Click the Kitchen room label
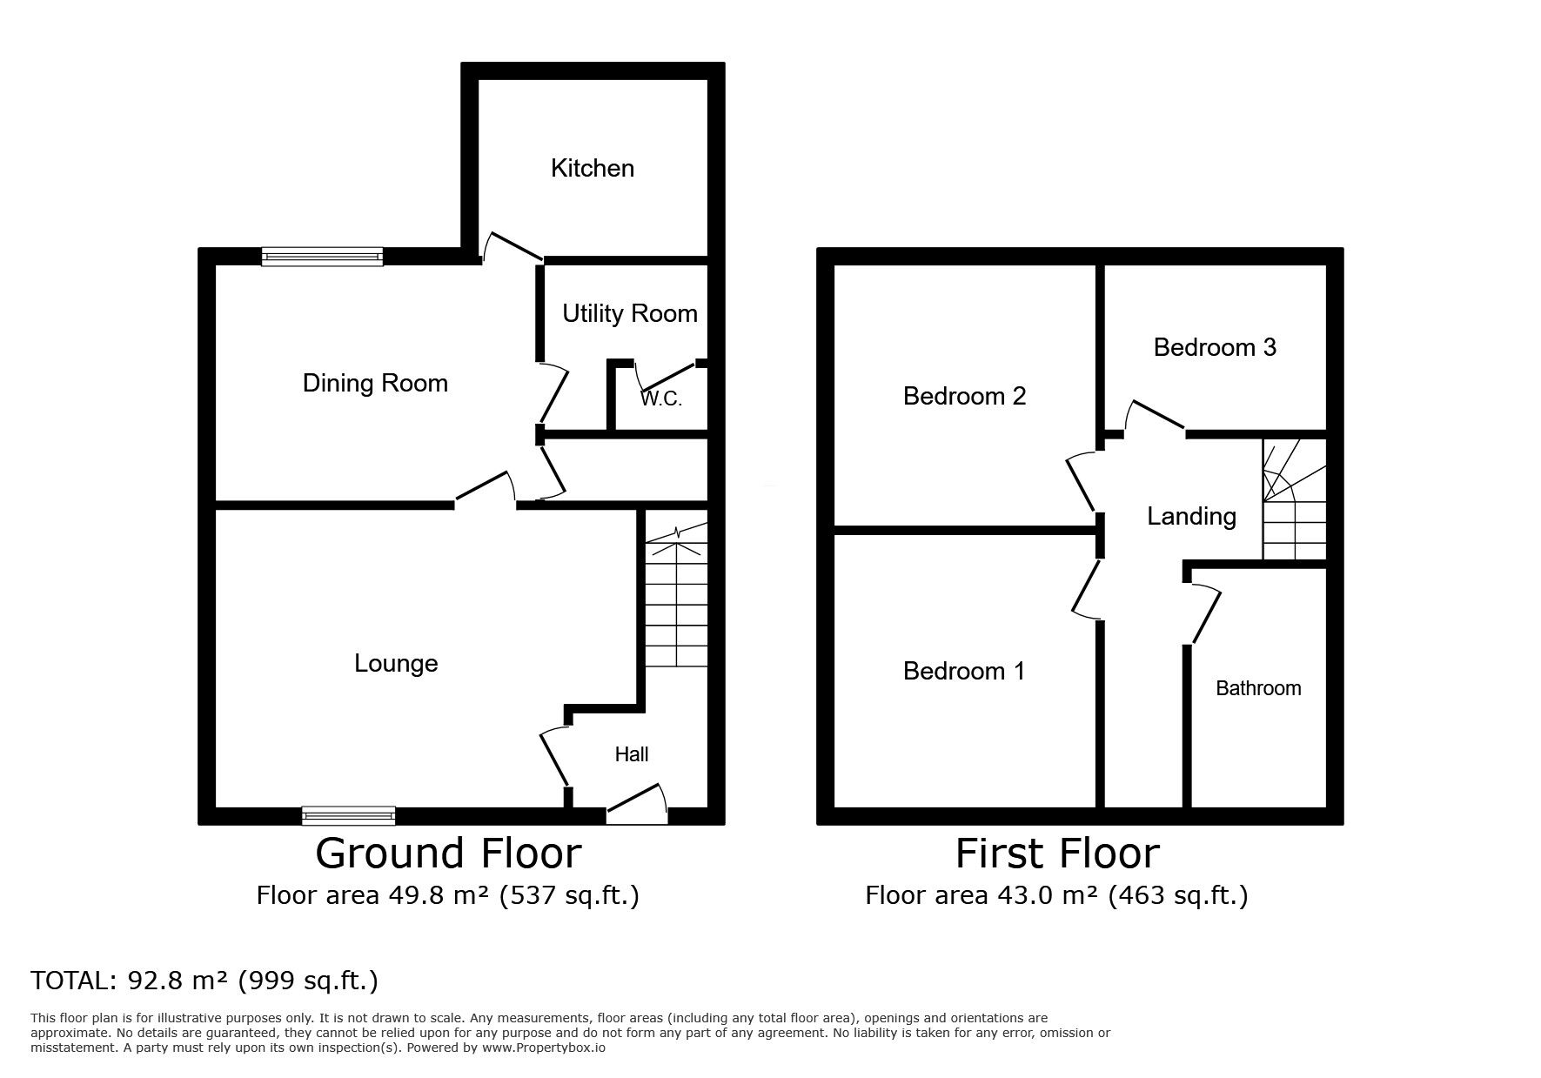click(x=592, y=168)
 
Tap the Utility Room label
click(x=629, y=313)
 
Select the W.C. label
click(x=661, y=399)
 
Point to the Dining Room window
click(x=322, y=256)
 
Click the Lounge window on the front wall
click(x=348, y=815)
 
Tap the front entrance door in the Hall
click(x=637, y=806)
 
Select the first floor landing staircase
click(x=1294, y=500)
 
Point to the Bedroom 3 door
click(x=1155, y=417)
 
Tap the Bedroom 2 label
click(x=964, y=397)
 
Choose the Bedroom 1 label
click(x=963, y=671)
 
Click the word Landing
click(x=1191, y=516)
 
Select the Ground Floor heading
click(x=448, y=854)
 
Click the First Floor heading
click(x=1057, y=854)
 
